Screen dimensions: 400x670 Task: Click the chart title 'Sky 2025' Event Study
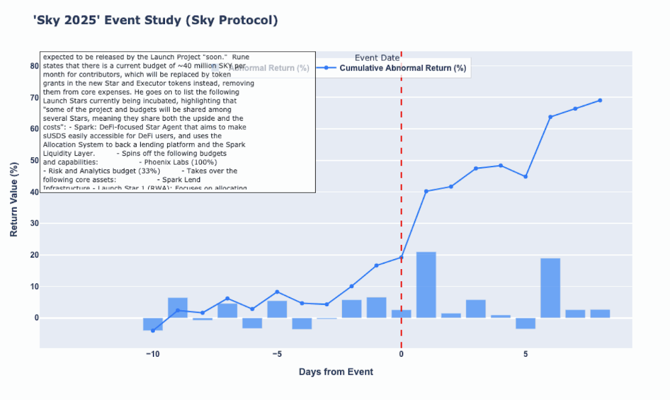pyautogui.click(x=155, y=21)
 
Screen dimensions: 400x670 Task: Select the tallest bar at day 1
pyautogui.click(x=426, y=285)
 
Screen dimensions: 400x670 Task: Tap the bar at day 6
pyautogui.click(x=550, y=288)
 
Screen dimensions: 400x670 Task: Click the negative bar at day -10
pyautogui.click(x=153, y=324)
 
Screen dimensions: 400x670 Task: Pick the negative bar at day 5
pyautogui.click(x=526, y=323)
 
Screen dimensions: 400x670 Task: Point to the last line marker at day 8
pyautogui.click(x=600, y=100)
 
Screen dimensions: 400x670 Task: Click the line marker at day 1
pyautogui.click(x=426, y=191)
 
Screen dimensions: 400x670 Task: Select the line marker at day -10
pyautogui.click(x=153, y=330)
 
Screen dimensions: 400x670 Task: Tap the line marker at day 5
pyautogui.click(x=526, y=177)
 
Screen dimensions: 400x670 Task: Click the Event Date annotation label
pyautogui.click(x=377, y=58)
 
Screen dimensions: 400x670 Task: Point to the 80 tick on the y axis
pyautogui.click(x=34, y=66)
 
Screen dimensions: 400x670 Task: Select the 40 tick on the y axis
pyautogui.click(x=34, y=192)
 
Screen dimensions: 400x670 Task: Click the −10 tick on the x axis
pyautogui.click(x=152, y=354)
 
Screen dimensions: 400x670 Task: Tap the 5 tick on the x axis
pyautogui.click(x=526, y=354)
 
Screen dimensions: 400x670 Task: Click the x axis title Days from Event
pyautogui.click(x=336, y=372)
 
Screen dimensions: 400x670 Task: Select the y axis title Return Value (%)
pyautogui.click(x=14, y=199)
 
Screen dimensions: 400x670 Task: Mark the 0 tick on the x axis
pyautogui.click(x=401, y=354)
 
